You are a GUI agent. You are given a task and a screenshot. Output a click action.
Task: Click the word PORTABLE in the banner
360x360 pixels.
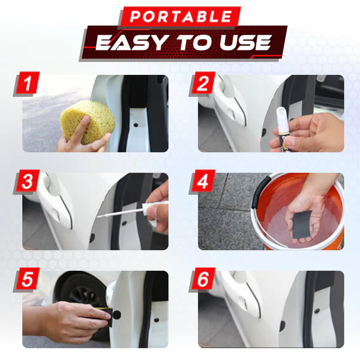(181, 16)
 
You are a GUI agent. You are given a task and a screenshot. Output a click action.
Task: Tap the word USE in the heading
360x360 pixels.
(245, 43)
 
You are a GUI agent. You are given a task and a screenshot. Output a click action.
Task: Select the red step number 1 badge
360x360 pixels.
(26, 83)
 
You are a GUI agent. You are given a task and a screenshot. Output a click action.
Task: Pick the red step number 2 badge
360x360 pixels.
(202, 83)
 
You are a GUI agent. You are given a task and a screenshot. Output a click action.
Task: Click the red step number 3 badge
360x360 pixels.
(26, 182)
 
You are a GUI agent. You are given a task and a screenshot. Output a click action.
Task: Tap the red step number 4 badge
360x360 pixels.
(202, 182)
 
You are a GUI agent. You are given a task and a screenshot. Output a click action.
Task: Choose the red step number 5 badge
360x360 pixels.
(26, 280)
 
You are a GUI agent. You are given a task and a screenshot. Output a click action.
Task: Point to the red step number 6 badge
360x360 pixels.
(202, 280)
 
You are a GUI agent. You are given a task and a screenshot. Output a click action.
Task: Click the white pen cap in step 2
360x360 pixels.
(282, 118)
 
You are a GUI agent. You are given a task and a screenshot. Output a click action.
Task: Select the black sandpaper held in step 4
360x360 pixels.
(301, 224)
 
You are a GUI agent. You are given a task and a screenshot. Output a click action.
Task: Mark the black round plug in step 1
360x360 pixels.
(136, 125)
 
